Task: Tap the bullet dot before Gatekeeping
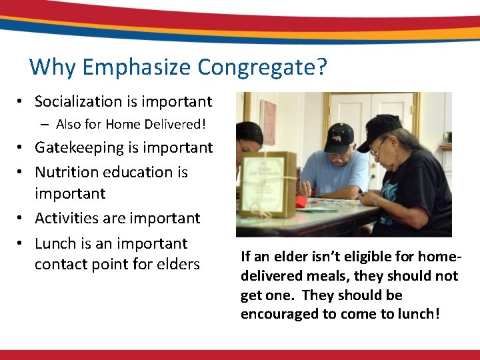(21, 148)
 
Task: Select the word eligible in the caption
(370, 256)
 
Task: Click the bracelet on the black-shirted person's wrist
(379, 200)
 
